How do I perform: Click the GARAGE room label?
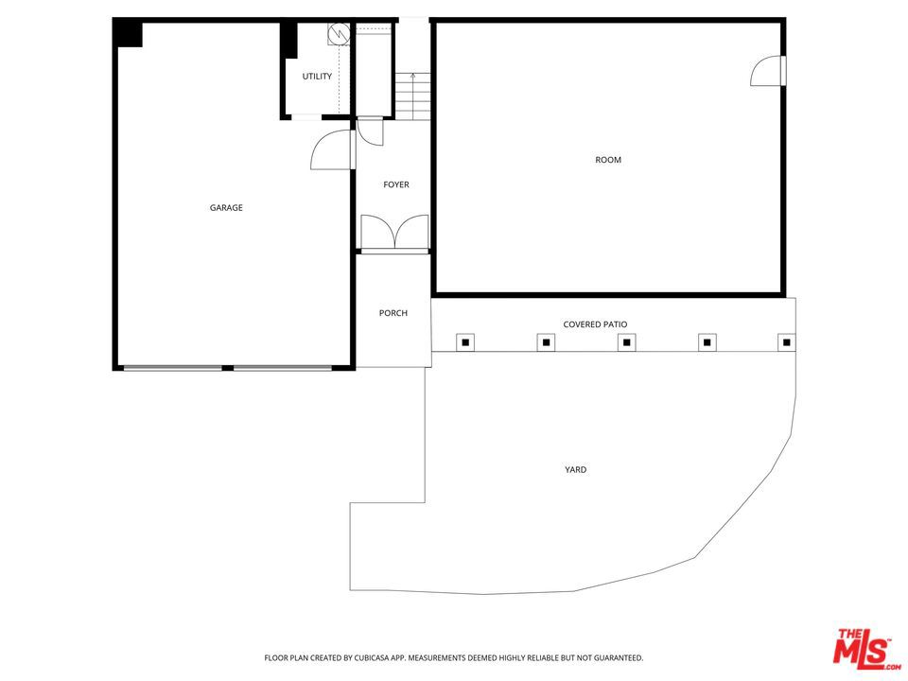[x=226, y=208]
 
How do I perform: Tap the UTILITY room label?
[x=317, y=77]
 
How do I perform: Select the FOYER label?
[x=396, y=184]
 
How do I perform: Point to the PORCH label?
[x=393, y=313]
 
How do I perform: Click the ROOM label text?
[x=608, y=160]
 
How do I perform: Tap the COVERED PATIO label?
[x=595, y=324]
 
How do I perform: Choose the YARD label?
[x=575, y=469]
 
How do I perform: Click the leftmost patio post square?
[x=464, y=341]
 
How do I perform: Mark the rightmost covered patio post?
[x=786, y=341]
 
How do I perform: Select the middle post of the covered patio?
[x=626, y=341]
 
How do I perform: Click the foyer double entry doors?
[x=394, y=234]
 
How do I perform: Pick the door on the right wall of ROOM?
[x=768, y=71]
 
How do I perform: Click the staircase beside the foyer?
[x=412, y=96]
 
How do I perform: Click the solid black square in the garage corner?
[x=129, y=34]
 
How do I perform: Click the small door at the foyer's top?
[x=370, y=131]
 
